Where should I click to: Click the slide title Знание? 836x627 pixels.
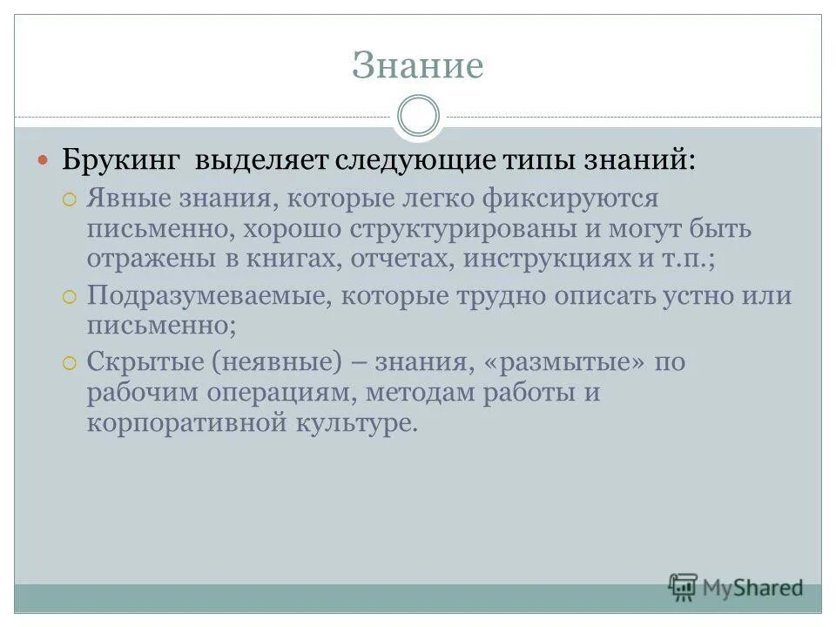(417, 66)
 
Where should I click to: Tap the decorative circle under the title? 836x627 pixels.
(417, 117)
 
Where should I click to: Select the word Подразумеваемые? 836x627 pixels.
(206, 295)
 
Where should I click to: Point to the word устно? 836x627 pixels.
(673, 295)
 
